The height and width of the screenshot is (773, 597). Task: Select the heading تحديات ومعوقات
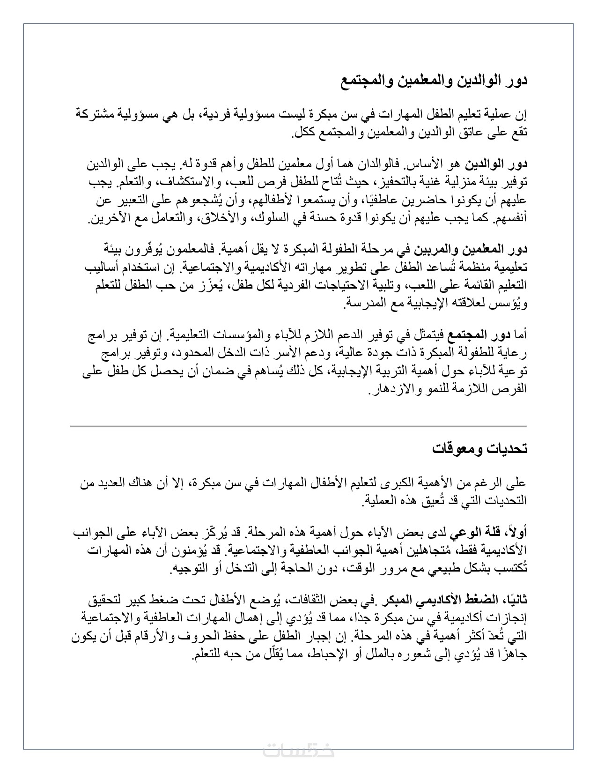pyautogui.click(x=479, y=449)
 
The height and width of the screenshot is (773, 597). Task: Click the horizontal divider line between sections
pyautogui.click(x=298, y=426)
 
